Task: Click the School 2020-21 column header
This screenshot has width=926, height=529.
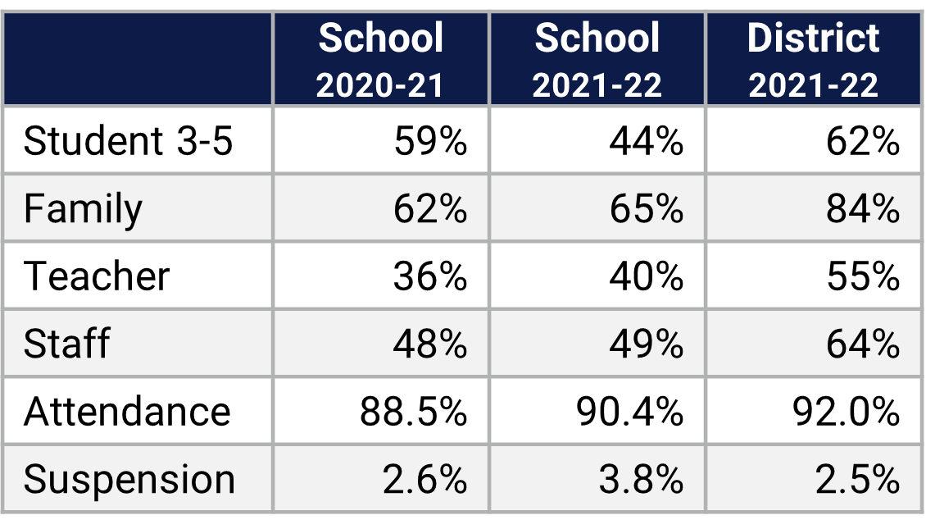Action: point(381,60)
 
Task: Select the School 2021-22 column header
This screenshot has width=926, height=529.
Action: point(597,60)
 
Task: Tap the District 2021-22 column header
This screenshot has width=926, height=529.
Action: point(814,60)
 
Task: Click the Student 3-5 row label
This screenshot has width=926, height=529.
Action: point(129,141)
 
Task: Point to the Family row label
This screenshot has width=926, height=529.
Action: point(83,208)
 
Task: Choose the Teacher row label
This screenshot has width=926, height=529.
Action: point(97,276)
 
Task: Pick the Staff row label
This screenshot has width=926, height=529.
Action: point(66,343)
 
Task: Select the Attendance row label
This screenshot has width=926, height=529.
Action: point(127,411)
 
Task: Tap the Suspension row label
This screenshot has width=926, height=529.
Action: point(129,479)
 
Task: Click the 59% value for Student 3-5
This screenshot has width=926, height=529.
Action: point(430,141)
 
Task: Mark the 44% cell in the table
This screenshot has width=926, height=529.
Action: point(646,141)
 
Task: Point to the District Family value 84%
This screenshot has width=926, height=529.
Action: point(862,208)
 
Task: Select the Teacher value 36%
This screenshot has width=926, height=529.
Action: point(430,276)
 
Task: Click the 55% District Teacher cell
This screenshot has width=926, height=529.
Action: point(862,276)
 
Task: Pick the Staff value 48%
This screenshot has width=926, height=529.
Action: point(430,343)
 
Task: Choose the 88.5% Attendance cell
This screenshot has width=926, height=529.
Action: point(413,411)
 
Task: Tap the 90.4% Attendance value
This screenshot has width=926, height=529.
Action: point(629,411)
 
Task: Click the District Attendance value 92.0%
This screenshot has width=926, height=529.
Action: point(846,411)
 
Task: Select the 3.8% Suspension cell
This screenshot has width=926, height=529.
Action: point(641,479)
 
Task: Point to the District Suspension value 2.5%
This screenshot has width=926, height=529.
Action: point(857,479)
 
